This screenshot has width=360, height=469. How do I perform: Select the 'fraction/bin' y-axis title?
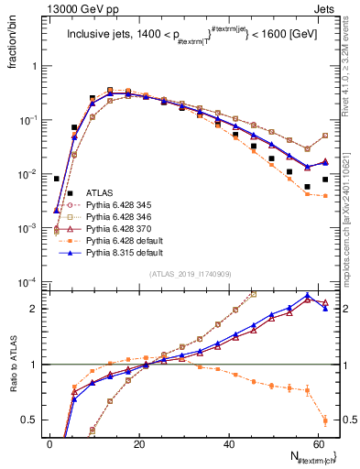pos(10,45)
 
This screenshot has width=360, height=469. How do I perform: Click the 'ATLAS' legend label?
pos(98,192)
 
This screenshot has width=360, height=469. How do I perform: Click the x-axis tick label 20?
pos(140,442)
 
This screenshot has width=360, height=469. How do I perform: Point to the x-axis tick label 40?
pos(231,442)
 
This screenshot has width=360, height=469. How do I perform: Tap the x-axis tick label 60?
pos(321,442)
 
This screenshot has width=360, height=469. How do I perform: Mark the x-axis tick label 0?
pos(49,442)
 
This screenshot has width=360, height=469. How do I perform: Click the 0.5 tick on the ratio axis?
pos(34,420)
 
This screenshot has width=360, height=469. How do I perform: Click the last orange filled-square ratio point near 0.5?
pos(325,420)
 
